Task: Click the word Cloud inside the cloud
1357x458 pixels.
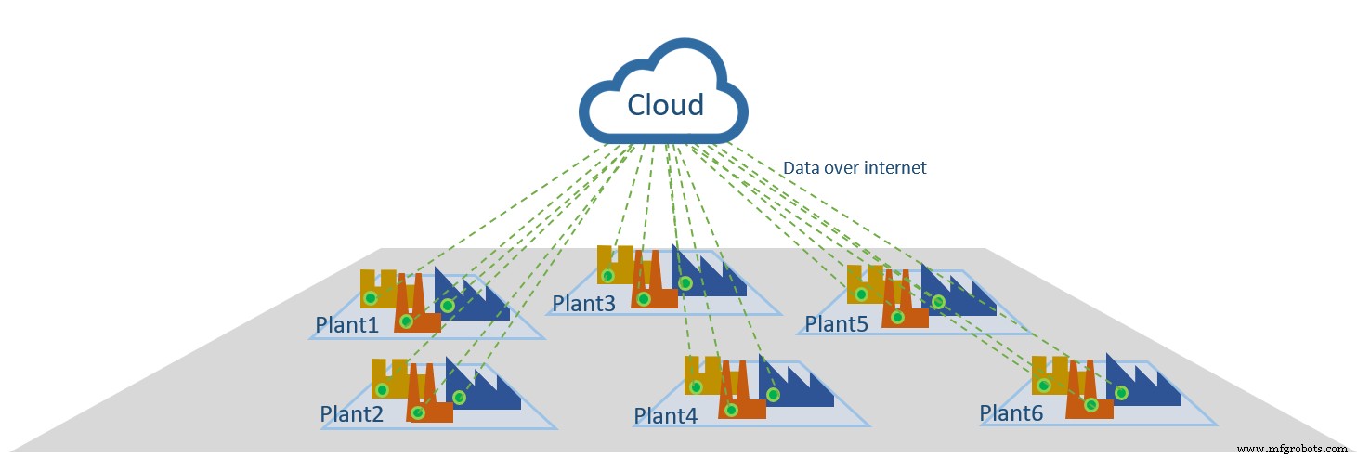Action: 665,105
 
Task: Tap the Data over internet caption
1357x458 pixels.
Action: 855,168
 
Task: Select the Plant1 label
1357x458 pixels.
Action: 347,325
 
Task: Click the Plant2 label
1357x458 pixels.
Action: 351,414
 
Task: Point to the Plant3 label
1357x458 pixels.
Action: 583,303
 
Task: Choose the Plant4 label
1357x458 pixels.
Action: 666,416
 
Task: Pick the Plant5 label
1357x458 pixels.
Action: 836,324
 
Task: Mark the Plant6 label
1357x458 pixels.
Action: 1011,412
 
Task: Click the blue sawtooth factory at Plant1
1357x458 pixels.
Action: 474,297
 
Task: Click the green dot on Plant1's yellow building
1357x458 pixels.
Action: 370,298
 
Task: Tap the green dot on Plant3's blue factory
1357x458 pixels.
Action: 685,282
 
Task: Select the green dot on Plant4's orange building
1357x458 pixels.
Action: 732,409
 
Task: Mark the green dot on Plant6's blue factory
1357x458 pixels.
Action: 1121,392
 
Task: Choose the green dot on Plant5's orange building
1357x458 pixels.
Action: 896,317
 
